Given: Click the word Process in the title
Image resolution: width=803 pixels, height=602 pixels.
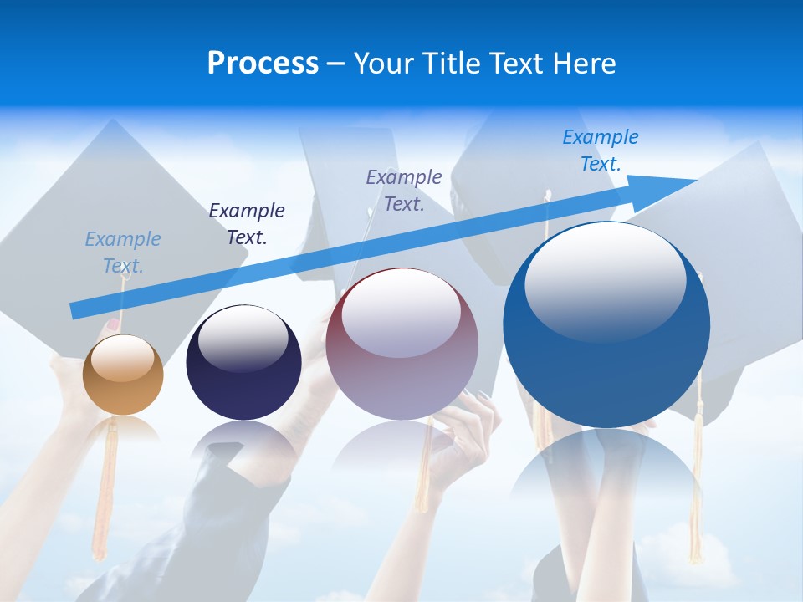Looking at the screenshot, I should [x=263, y=64].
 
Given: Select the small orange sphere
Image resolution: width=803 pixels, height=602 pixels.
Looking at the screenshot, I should [x=123, y=375].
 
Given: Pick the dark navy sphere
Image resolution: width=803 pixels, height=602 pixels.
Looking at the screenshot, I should [x=243, y=363].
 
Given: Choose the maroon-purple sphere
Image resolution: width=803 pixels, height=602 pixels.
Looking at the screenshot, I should [x=401, y=344].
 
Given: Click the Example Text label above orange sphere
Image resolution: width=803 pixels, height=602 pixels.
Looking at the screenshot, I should [x=123, y=253].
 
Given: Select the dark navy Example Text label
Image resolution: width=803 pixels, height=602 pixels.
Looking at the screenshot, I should [x=247, y=224].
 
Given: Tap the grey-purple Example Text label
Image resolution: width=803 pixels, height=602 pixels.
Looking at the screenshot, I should [x=404, y=190].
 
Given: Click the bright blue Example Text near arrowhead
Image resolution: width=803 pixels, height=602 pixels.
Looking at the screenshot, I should [x=601, y=150].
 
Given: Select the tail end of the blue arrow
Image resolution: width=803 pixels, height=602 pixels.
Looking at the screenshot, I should [x=75, y=310].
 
